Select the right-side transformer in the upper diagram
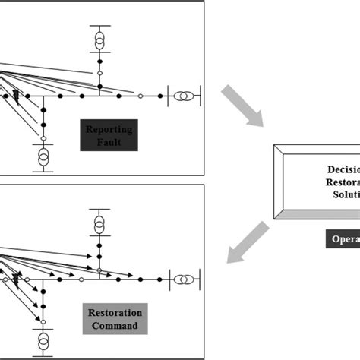(x=183, y=96)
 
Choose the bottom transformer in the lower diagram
(x=43, y=339)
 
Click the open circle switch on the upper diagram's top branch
(x=99, y=74)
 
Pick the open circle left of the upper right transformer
(x=141, y=96)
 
